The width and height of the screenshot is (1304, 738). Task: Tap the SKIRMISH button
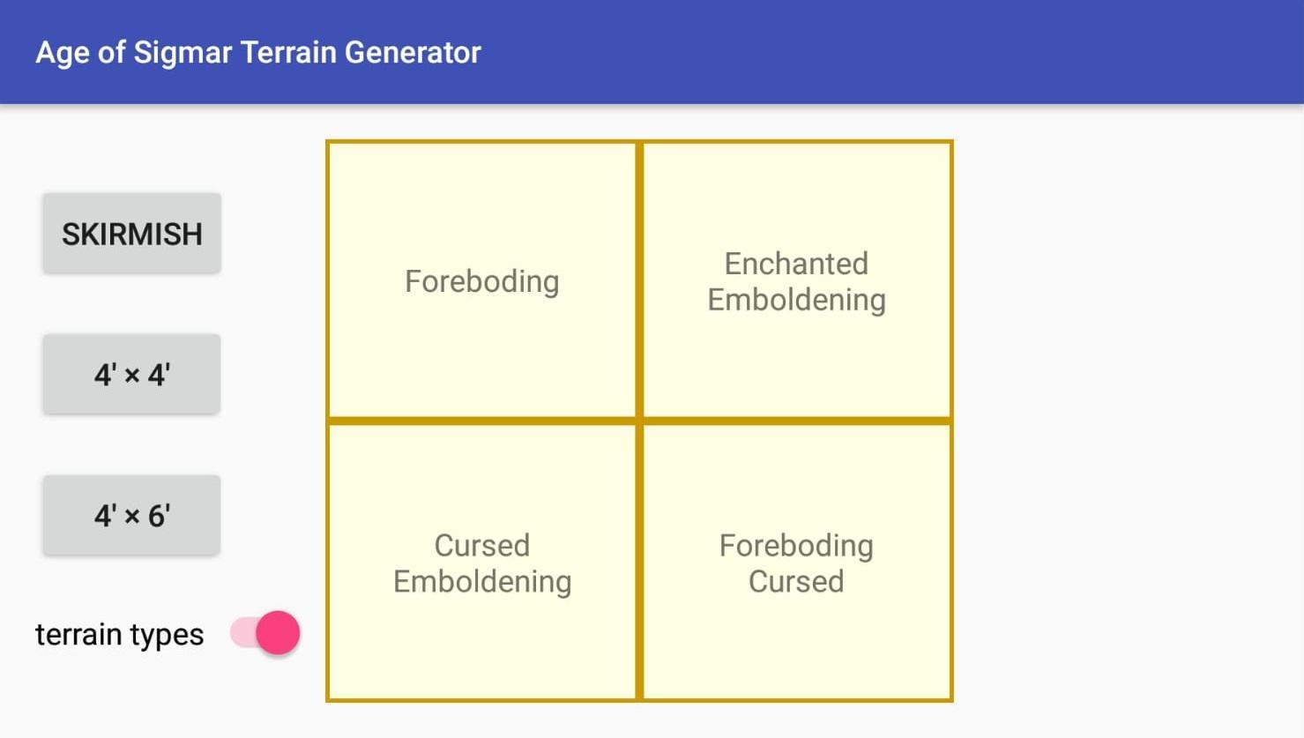[131, 234]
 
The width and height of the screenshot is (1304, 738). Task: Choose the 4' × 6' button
[131, 515]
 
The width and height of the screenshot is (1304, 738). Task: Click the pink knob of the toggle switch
[278, 633]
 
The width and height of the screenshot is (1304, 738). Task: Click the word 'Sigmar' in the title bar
[183, 53]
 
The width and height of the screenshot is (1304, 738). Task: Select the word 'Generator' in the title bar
[413, 53]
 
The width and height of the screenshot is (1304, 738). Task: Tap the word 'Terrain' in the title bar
[287, 53]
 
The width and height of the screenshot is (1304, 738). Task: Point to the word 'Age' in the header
[63, 53]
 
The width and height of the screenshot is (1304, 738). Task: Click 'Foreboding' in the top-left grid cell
[481, 281]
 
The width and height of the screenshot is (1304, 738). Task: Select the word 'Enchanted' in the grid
[796, 264]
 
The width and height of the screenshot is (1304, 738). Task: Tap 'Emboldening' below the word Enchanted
[796, 300]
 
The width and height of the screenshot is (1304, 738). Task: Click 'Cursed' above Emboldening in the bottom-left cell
[481, 546]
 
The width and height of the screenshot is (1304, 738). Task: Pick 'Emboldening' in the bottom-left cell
[481, 582]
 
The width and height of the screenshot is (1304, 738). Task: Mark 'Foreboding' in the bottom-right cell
[796, 546]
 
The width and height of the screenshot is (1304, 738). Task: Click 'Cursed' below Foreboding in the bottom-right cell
[796, 582]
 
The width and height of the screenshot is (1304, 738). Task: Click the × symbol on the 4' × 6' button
[132, 517]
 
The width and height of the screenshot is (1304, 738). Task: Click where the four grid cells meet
[639, 421]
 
